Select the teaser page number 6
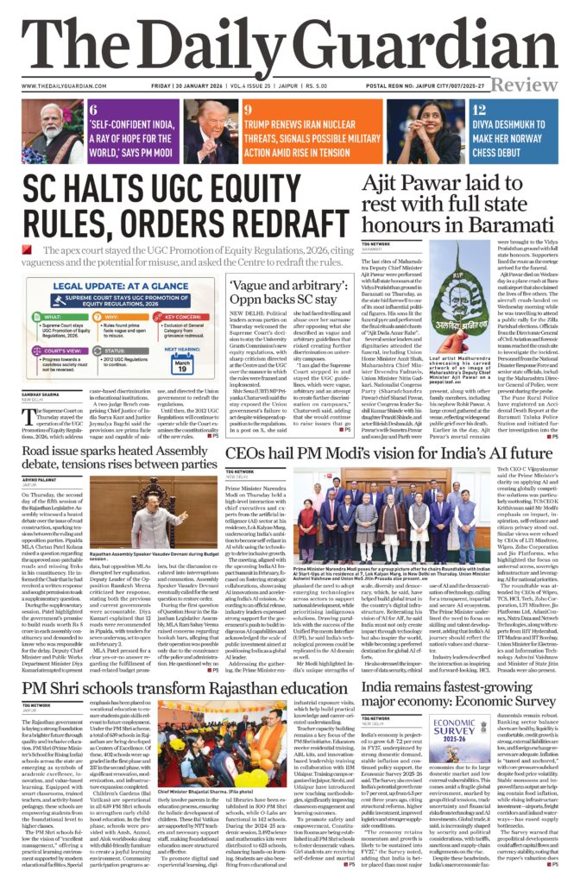92,110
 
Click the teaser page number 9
248,110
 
